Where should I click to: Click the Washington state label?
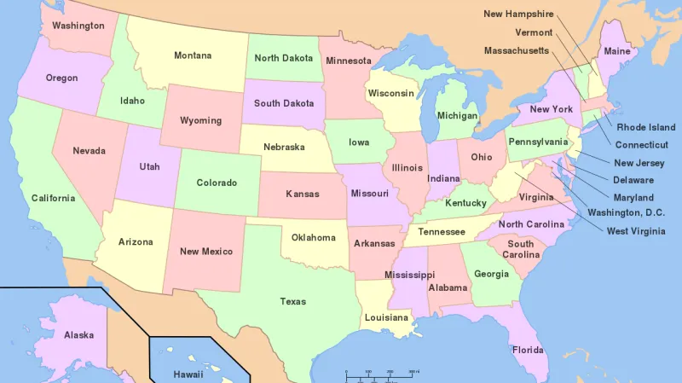tap(78, 26)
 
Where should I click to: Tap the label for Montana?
tap(193, 55)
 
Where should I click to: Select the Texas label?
tap(293, 301)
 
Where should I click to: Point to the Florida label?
tap(528, 350)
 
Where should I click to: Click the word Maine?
tap(617, 51)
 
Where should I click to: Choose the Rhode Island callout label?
tap(646, 127)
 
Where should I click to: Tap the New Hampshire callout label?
tap(518, 14)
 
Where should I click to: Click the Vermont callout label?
tap(534, 32)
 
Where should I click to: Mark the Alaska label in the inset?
tap(78, 335)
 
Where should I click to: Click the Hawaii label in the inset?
tap(188, 374)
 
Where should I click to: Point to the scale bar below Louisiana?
tap(380, 374)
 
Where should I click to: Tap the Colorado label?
tap(217, 183)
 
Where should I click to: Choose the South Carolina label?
tap(520, 249)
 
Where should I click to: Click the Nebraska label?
tap(284, 147)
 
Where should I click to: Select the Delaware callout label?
tap(633, 180)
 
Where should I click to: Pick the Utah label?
tap(149, 166)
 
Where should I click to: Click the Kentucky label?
tap(465, 203)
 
